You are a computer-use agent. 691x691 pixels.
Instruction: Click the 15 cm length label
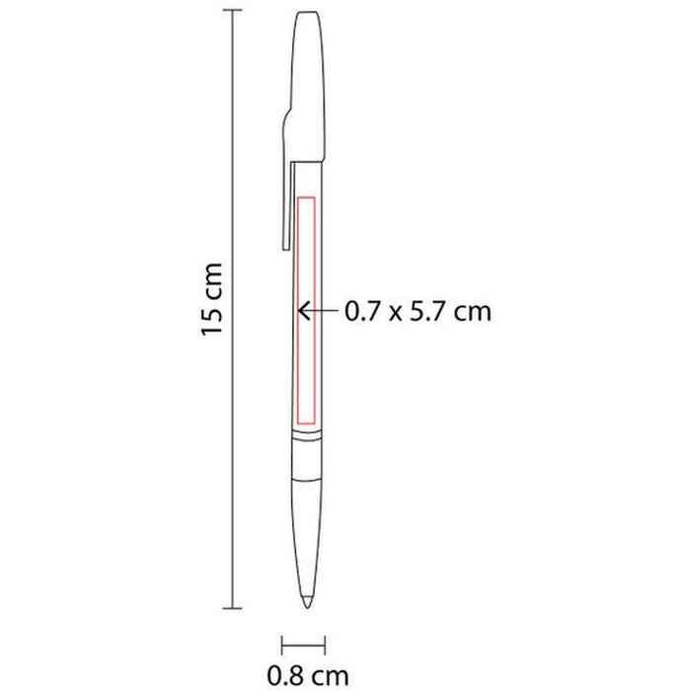[x=212, y=300]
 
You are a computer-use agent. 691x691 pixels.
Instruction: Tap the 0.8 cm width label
[x=308, y=675]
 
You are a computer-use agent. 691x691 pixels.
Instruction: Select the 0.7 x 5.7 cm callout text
[x=418, y=312]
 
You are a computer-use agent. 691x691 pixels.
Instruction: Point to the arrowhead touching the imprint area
[x=302, y=311]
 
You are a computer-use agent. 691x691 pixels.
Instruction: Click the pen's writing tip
[x=307, y=603]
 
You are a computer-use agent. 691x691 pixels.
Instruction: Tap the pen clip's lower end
[x=285, y=248]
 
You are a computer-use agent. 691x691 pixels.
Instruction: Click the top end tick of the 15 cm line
[x=232, y=10]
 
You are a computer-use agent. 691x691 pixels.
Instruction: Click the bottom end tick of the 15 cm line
[x=232, y=609]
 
